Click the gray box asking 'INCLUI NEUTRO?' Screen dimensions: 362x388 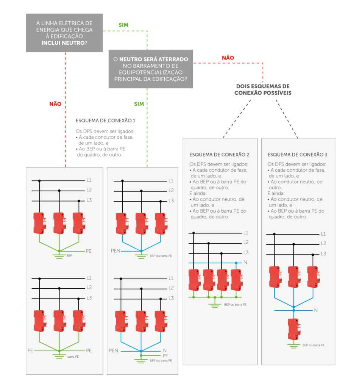[x=64, y=33]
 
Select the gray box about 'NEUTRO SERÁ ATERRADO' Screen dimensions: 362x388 [x=151, y=69]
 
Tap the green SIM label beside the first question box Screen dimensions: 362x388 [x=123, y=25]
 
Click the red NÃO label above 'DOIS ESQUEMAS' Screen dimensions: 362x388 [x=228, y=58]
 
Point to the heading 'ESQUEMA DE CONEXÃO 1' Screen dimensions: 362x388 [x=105, y=121]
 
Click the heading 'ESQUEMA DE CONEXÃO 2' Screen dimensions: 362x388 [x=219, y=155]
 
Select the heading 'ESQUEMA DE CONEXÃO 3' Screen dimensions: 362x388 [x=297, y=155]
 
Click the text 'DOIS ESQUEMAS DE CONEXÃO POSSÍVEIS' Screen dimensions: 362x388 [x=263, y=89]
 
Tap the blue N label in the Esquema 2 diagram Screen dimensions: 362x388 [x=245, y=262]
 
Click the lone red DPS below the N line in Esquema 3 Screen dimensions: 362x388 [x=294, y=329]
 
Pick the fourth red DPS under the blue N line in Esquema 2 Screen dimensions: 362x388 [x=237, y=280]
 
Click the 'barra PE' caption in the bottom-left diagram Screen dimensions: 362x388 [x=73, y=357]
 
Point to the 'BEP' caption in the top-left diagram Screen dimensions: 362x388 [x=69, y=256]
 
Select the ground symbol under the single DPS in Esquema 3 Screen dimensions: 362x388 [x=293, y=346]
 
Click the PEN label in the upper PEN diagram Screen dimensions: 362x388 [x=115, y=251]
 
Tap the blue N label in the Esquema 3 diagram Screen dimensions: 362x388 [x=316, y=311]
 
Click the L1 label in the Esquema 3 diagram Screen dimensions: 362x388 [x=323, y=234]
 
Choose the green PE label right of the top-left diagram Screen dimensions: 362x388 [x=88, y=251]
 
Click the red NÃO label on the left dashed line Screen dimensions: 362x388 [x=55, y=104]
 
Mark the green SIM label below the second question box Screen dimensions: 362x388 [x=139, y=104]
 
